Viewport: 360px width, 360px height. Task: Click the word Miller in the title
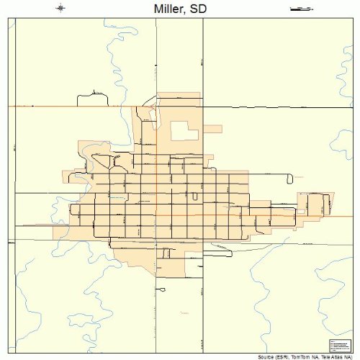168,9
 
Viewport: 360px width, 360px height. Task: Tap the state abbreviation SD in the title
197,9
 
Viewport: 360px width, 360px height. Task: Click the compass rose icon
60,9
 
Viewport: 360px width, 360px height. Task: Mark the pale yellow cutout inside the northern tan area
184,131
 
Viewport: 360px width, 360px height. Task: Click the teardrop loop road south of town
163,289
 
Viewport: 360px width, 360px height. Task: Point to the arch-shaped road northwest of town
91,94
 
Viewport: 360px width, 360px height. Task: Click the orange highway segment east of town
277,213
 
